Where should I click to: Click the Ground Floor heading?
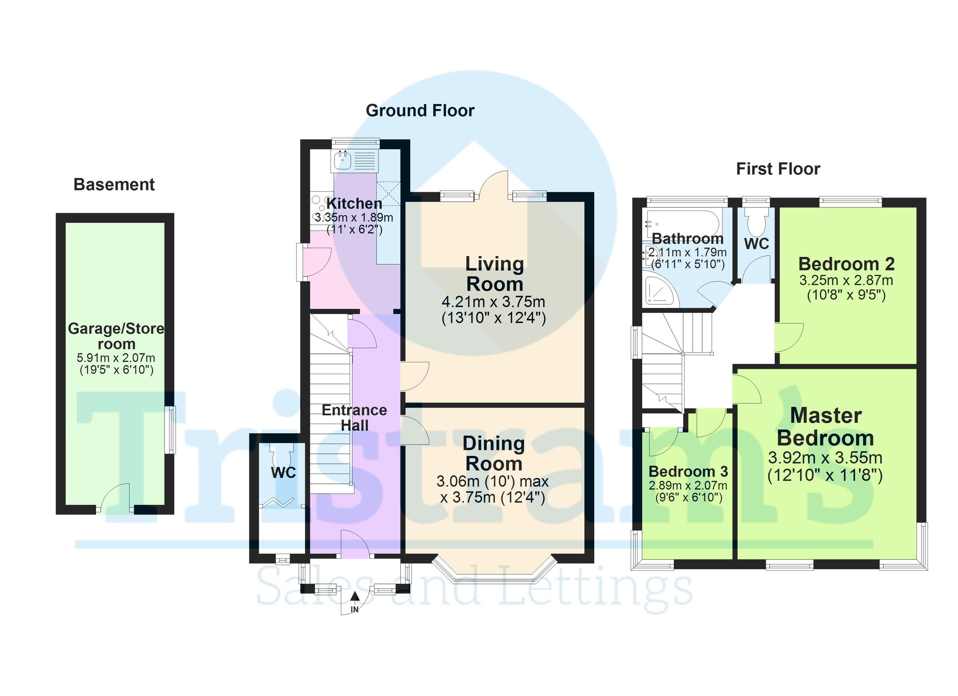coord(420,110)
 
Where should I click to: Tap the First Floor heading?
coord(778,169)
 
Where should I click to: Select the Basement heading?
coord(114,184)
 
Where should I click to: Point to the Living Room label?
coord(494,274)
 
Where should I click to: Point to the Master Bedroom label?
coord(825,427)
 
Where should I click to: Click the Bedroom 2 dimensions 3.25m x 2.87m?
coord(846,280)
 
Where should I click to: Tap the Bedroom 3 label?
coord(688,471)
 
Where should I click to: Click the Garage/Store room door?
coord(116,498)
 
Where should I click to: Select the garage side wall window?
coord(170,430)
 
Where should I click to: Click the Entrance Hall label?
coord(354,418)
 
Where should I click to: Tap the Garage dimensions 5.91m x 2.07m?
coord(116,358)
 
